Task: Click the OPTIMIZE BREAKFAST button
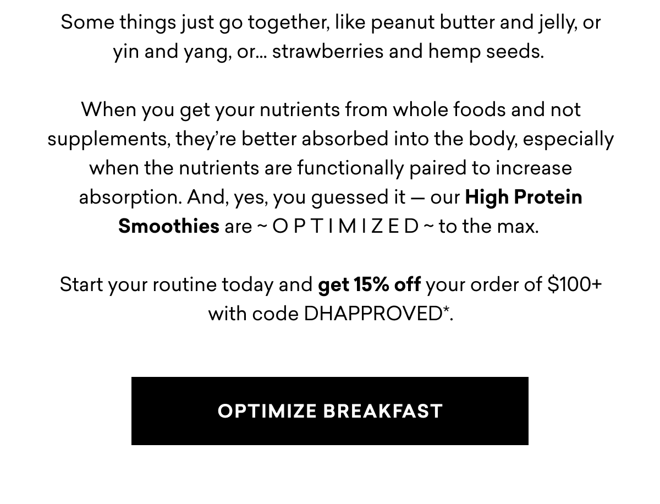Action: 330,411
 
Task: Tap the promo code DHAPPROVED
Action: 373,314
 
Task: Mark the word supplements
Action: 107,139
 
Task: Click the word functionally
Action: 350,168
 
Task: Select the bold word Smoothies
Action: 168,226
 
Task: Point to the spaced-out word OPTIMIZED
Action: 345,226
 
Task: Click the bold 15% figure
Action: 371,284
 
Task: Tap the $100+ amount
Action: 574,284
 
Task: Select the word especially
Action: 568,139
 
